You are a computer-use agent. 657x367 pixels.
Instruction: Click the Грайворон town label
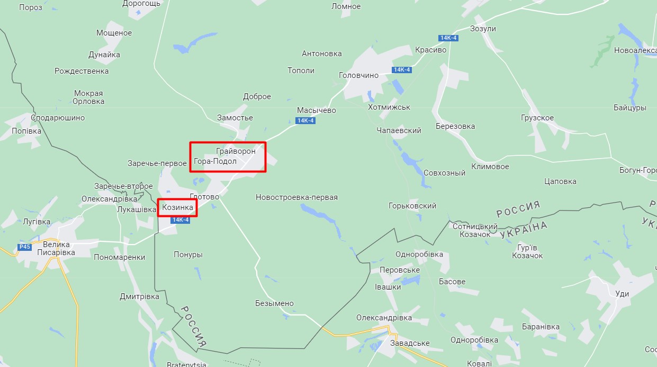pos(236,151)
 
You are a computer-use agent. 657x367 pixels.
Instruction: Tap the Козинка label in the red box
pos(177,207)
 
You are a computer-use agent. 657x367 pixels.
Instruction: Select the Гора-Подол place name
pos(215,161)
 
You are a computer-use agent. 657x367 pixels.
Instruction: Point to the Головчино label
pos(358,75)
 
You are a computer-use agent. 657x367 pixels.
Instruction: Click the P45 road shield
pos(24,247)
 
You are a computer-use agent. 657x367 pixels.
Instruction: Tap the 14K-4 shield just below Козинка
pos(181,220)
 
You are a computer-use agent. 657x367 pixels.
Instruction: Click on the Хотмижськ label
pos(389,107)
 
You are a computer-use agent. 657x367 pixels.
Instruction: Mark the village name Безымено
pos(274,303)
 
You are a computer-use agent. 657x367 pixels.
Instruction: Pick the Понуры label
pos(188,255)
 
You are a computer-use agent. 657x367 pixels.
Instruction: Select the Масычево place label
pos(317,110)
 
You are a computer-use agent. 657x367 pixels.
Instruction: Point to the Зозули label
pos(483,29)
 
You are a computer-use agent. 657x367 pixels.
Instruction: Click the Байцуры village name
pos(630,108)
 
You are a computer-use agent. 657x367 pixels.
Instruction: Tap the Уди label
pos(623,294)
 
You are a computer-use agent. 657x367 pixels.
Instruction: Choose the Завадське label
pos(409,343)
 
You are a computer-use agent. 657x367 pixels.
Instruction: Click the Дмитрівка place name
pos(139,296)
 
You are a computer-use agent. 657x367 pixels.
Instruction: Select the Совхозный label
pos(444,173)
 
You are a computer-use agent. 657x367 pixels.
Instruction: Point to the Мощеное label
pos(114,33)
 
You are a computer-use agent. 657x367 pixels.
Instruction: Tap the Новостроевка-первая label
pos(296,197)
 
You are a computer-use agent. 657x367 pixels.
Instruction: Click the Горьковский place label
pos(412,206)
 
